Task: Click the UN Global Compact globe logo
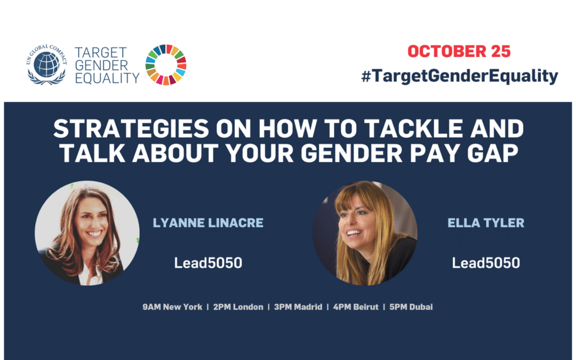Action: point(46,65)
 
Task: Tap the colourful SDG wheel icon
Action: point(166,65)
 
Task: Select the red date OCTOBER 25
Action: point(459,51)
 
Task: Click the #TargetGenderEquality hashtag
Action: point(460,76)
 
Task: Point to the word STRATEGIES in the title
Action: point(131,129)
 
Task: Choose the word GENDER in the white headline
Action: point(351,153)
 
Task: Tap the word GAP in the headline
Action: point(493,153)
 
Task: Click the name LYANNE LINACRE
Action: point(208,222)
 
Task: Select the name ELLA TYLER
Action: point(486,222)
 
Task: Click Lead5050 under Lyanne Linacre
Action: point(208,262)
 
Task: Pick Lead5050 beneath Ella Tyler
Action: point(486,262)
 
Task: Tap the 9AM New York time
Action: point(172,307)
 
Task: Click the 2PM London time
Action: point(238,307)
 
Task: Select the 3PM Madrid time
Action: point(298,307)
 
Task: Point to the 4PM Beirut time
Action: point(356,307)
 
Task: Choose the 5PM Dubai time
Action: point(411,307)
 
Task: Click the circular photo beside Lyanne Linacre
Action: point(87,233)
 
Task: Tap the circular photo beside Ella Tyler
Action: point(365,233)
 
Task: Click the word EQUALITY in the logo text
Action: point(107,78)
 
